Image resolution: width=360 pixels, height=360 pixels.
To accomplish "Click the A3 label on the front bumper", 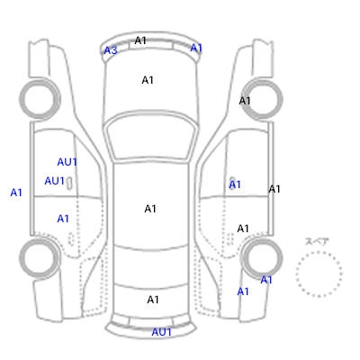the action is click(x=111, y=50).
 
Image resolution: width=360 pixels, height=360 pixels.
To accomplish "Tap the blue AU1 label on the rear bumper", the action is click(x=161, y=332).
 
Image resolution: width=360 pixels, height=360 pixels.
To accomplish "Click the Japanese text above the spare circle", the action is click(x=317, y=241).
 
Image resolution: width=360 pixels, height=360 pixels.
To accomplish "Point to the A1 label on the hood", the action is click(x=148, y=80).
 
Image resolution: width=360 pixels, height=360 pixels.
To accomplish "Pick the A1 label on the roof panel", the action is click(x=150, y=209).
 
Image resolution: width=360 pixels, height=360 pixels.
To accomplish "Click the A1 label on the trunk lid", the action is click(x=153, y=300).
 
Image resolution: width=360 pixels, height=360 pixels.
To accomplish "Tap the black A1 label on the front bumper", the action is click(x=140, y=40).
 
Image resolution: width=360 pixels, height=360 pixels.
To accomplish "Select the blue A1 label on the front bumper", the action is click(x=196, y=48).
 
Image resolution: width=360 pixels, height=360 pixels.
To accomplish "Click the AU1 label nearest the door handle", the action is click(x=55, y=181).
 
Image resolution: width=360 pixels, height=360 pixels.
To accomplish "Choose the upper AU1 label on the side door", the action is click(x=67, y=162).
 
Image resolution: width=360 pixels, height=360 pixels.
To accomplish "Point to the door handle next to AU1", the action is click(x=69, y=183).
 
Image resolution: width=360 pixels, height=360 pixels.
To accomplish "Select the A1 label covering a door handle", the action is click(x=235, y=184).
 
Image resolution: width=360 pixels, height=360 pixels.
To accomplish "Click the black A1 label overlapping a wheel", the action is click(x=245, y=101).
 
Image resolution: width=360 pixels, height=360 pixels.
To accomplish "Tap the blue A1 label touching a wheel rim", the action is click(x=266, y=280).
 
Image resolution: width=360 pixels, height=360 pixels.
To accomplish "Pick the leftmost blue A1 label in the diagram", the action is click(x=16, y=193).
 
